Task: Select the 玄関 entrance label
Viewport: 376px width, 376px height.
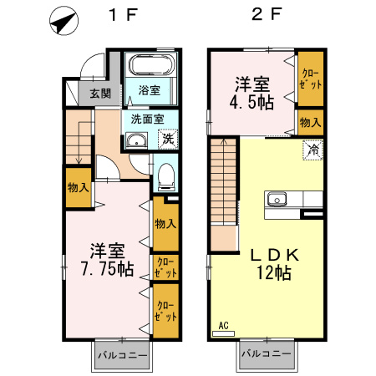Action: (x=99, y=93)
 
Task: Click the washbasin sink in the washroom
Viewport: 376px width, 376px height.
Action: (x=135, y=141)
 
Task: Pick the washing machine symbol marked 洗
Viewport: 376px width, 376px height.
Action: (x=167, y=138)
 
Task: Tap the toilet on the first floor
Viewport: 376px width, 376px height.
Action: (x=165, y=175)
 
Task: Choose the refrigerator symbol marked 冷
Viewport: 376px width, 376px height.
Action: (x=312, y=150)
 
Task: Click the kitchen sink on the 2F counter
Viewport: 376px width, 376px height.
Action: (x=277, y=201)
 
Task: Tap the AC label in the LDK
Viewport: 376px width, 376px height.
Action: (x=223, y=325)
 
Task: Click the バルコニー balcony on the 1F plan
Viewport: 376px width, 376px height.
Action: (x=121, y=355)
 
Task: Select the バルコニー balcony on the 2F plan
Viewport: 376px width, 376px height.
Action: (x=267, y=355)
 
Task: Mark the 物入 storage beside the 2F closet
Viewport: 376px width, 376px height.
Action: (x=310, y=122)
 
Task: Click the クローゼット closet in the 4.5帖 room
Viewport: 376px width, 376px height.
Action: (x=311, y=80)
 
